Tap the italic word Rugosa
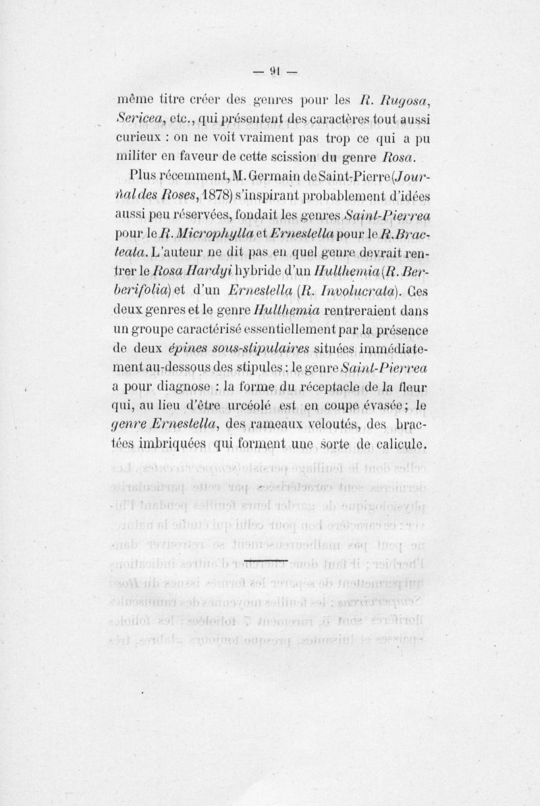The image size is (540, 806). tap(404, 101)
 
